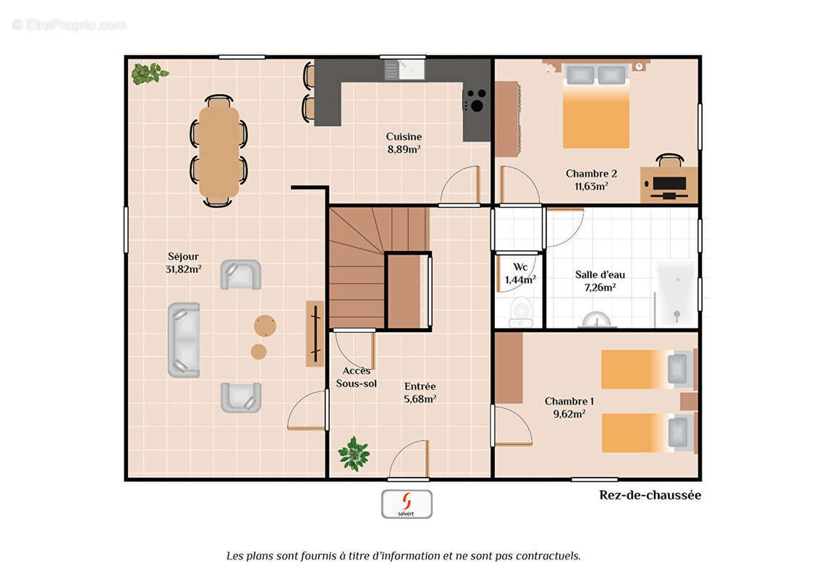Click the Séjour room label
pos(183,263)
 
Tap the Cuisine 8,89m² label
pos(404,143)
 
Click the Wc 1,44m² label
pos(520,274)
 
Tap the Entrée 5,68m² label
pos(420,392)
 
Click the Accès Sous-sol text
pos(356,377)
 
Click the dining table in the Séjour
pos(218,151)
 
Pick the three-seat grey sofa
pos(184,340)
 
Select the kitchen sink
pos(404,70)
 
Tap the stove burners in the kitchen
pos(476,101)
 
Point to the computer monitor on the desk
pos(669,183)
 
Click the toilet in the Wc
pos(520,312)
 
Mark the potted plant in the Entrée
pos(354,454)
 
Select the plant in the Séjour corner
pos(149,73)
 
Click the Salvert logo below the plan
pos(407,504)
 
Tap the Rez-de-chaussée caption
pos(650,495)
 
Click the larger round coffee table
pos(266,326)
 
